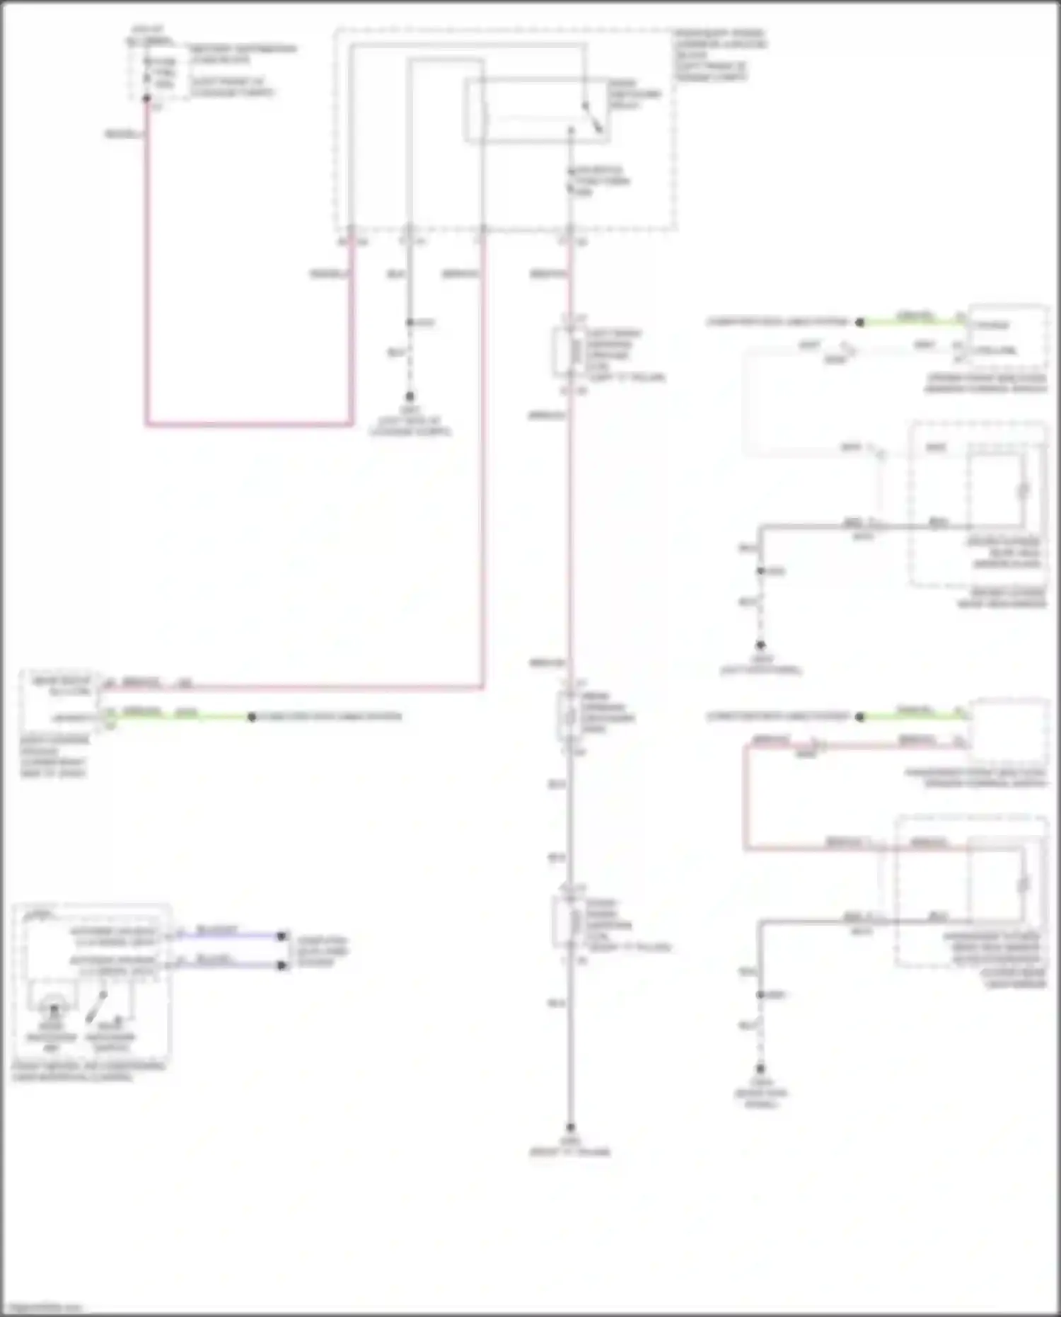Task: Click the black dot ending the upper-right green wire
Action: [859, 323]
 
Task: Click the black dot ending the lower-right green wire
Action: [859, 717]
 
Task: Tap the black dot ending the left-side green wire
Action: [251, 717]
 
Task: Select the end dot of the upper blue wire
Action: [282, 936]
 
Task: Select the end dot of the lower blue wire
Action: [282, 965]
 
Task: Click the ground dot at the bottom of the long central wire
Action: [570, 1128]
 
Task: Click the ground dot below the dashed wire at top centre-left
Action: [410, 397]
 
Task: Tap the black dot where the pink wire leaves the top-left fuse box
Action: [147, 99]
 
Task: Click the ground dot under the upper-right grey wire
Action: [760, 645]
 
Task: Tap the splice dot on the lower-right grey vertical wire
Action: [760, 994]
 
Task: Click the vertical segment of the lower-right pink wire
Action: [745, 796]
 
